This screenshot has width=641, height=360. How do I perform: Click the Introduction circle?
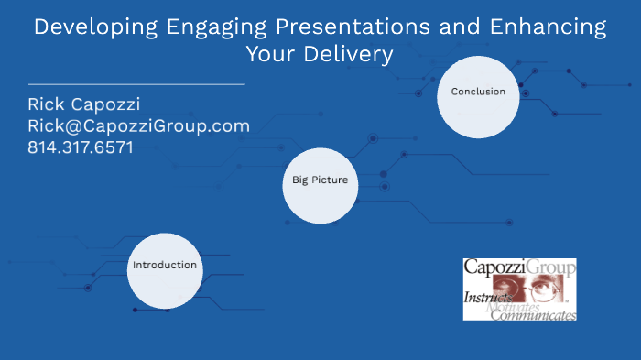(164, 265)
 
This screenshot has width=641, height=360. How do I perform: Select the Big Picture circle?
(320, 180)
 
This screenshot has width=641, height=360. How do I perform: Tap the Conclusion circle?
(478, 92)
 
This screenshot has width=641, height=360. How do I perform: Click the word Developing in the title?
(87, 27)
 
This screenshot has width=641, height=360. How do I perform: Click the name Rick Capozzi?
(85, 104)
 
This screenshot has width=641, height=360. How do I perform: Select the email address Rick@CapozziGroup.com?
(138, 125)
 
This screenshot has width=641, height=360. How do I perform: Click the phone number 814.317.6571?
(81, 147)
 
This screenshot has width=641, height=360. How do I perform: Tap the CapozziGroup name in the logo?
(518, 268)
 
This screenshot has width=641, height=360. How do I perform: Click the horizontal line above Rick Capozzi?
(136, 83)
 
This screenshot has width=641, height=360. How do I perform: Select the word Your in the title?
(270, 55)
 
